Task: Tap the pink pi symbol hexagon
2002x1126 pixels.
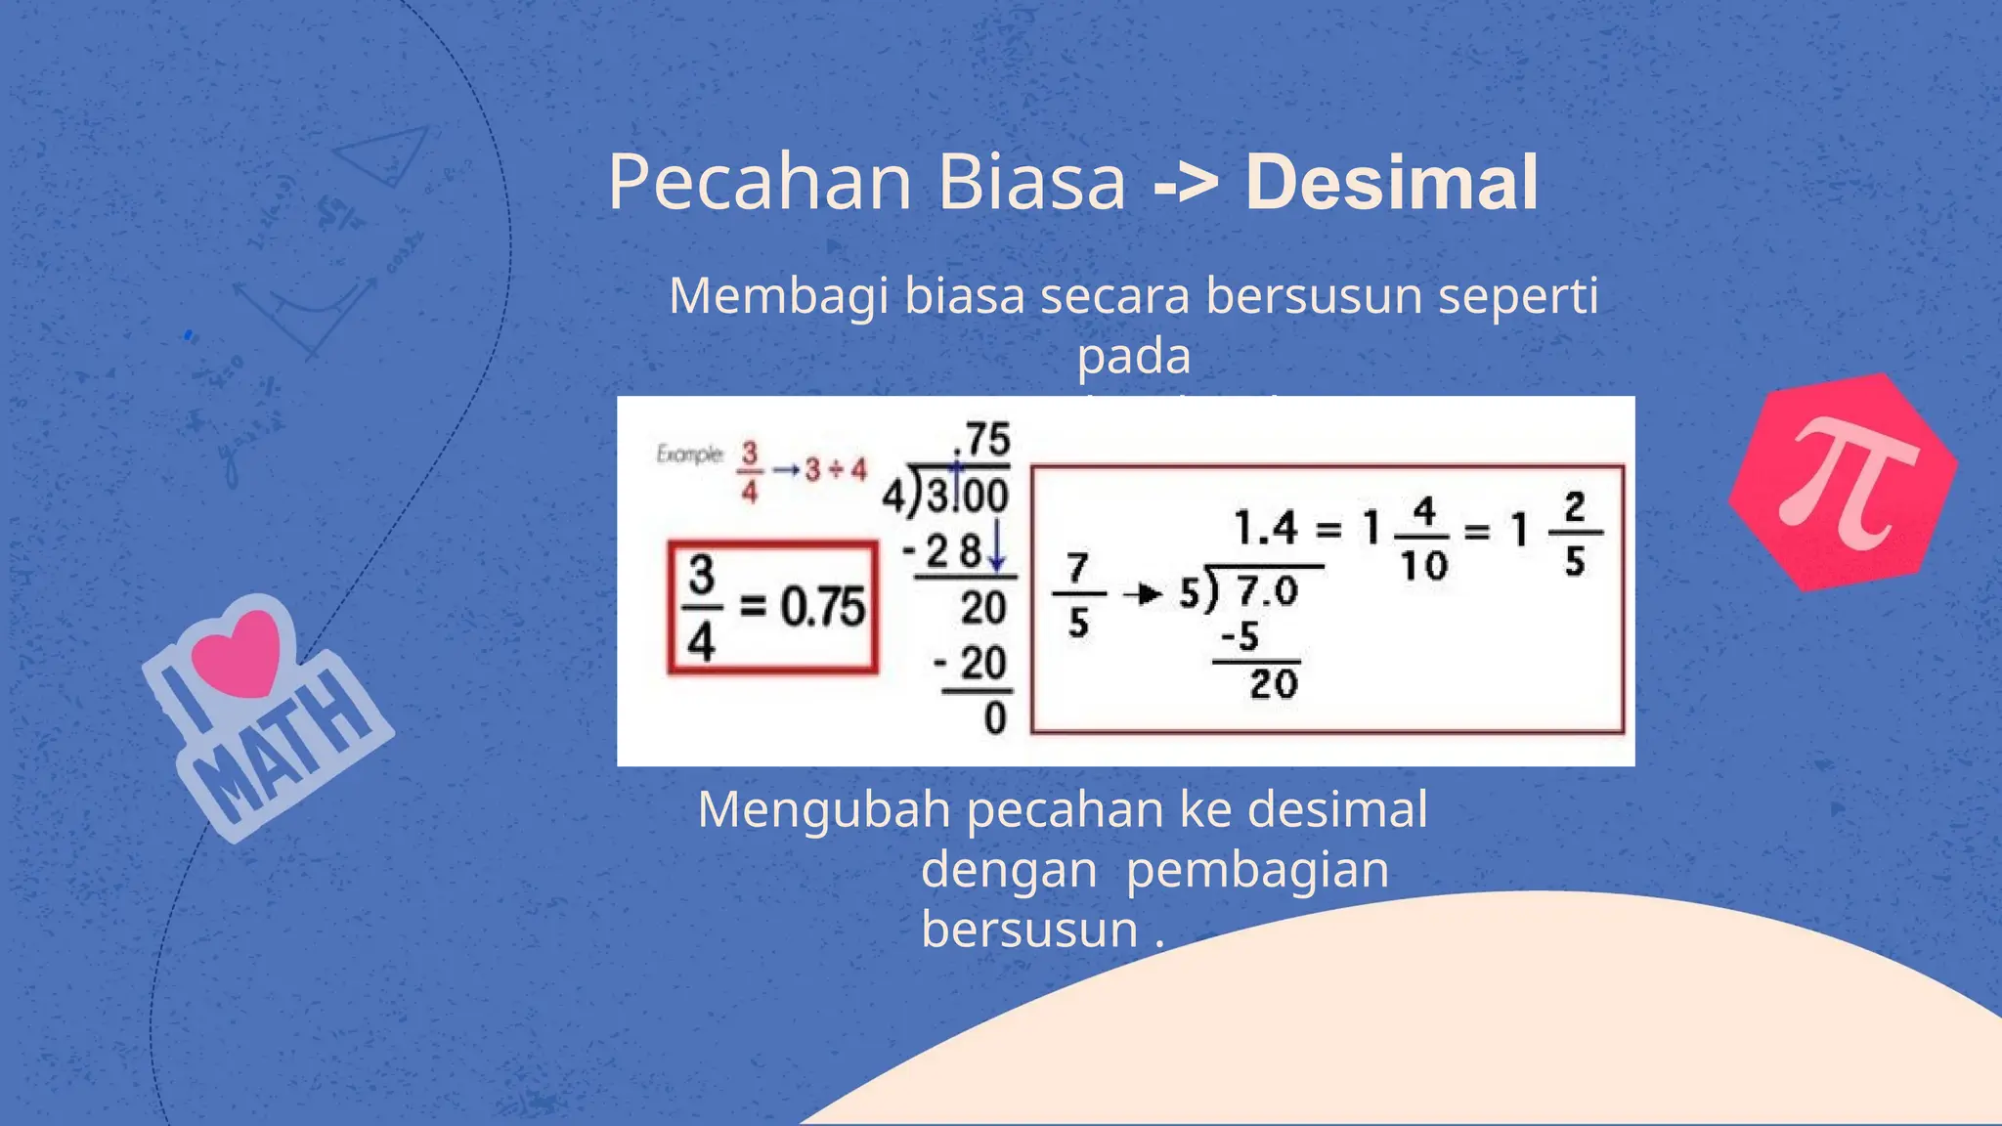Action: (1844, 482)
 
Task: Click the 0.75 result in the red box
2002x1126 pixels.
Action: (822, 608)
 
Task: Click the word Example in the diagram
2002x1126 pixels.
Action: (689, 455)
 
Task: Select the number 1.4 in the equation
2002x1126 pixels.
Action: (1265, 529)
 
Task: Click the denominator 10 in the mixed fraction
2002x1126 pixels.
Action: (1423, 566)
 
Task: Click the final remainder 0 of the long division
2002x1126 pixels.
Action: (995, 718)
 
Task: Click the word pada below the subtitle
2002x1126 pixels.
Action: (1134, 356)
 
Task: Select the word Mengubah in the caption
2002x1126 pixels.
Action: (824, 810)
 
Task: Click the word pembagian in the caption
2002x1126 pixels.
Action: (1257, 870)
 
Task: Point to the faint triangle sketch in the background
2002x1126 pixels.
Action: (381, 156)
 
